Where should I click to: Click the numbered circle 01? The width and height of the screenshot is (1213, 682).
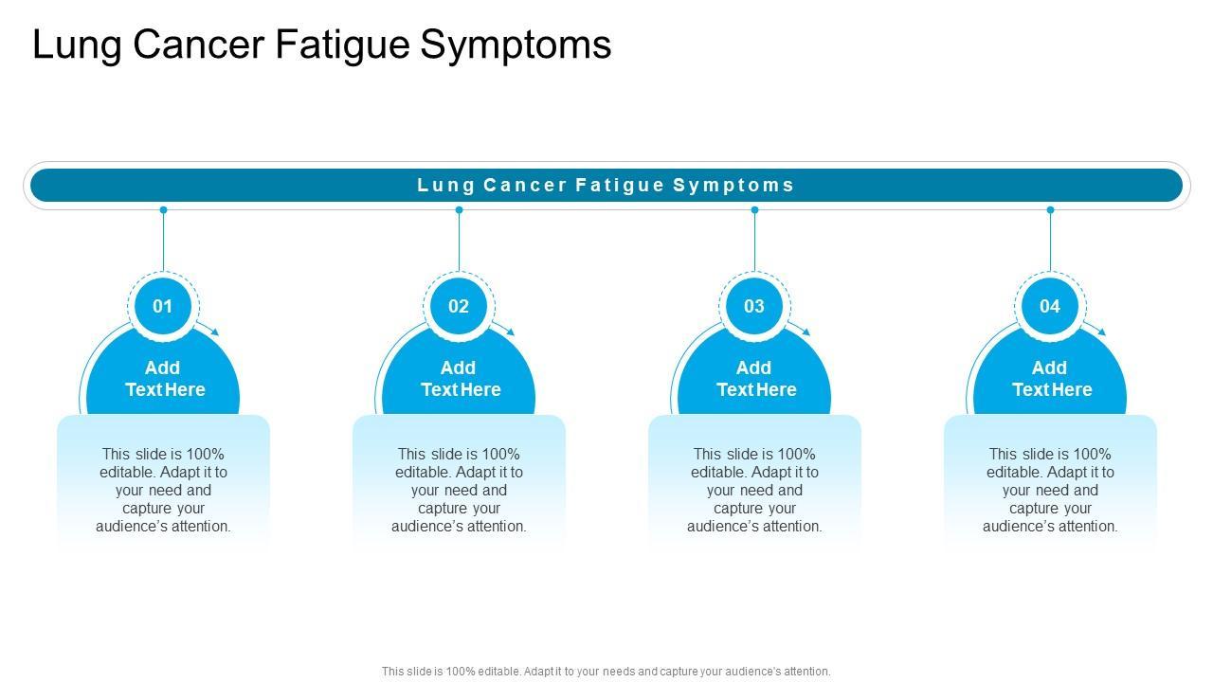coord(163,306)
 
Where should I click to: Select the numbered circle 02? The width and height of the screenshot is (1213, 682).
coord(459,306)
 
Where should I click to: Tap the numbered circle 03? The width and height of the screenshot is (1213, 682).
coord(754,306)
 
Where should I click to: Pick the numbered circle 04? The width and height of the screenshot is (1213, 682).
coord(1050,306)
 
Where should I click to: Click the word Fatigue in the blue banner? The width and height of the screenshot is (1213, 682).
coord(620,185)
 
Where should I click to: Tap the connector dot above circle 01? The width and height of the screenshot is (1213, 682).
coord(163,210)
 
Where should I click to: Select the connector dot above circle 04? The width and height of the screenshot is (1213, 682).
coord(1050,210)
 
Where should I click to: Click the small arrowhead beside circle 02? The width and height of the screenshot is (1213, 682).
coord(511,332)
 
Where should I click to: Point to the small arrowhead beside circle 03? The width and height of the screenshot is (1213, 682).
coord(806,332)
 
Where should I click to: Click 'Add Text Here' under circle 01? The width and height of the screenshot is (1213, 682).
coord(164,378)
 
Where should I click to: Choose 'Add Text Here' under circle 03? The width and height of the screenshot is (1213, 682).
coord(755,378)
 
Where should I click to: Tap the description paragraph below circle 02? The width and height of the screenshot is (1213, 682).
coord(459,490)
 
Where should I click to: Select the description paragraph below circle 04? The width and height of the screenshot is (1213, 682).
coord(1050,490)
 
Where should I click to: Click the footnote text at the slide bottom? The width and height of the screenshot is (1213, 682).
coord(606,671)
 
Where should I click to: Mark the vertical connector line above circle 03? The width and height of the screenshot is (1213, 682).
coord(754,242)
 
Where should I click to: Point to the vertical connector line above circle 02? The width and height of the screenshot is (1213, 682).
coord(459,242)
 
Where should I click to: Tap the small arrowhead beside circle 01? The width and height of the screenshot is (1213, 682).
coord(215,332)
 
